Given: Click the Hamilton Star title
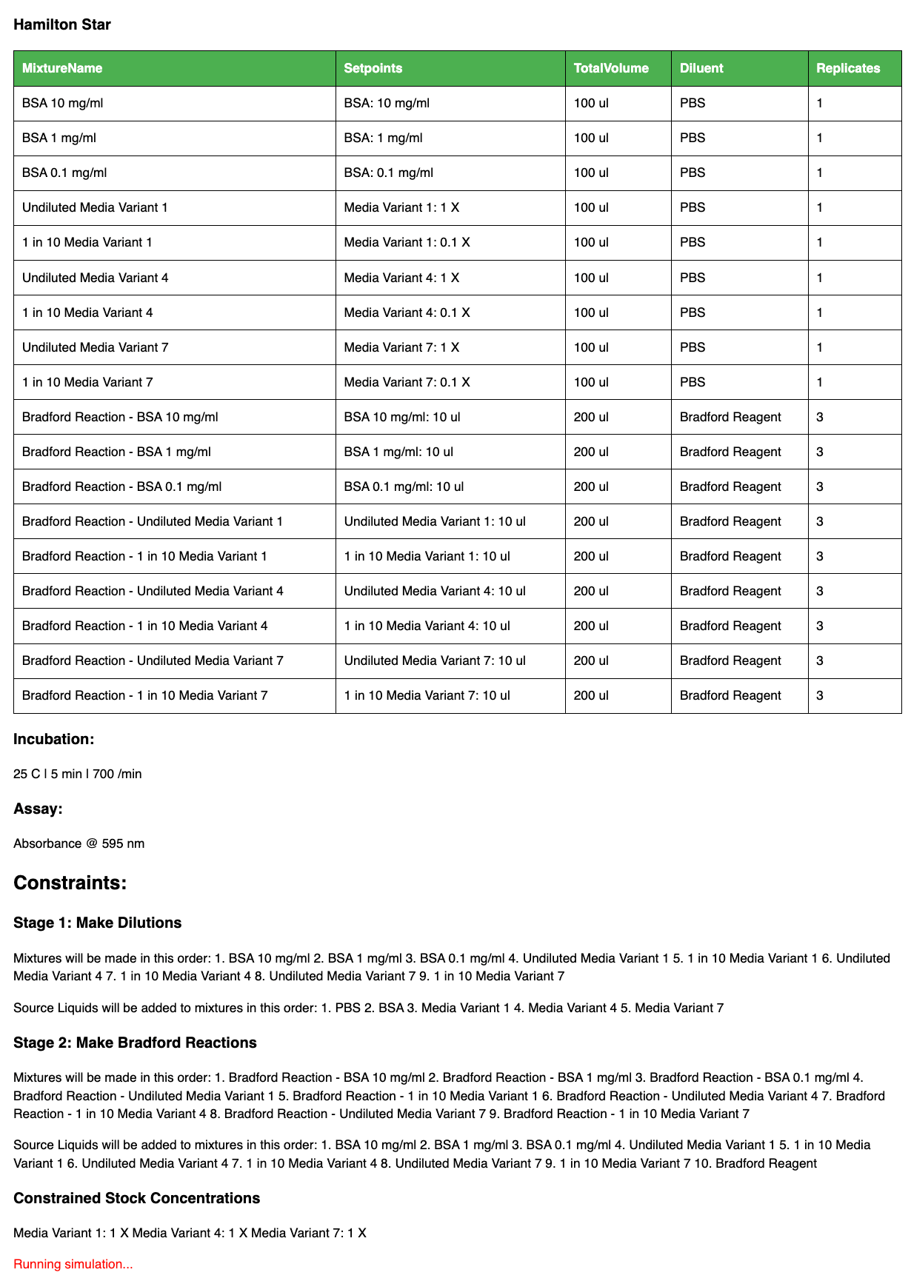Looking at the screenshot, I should [x=62, y=24].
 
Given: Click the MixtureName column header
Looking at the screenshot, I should [x=62, y=68].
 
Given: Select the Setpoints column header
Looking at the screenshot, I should [x=373, y=68].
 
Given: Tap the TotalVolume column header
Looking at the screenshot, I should [x=611, y=68].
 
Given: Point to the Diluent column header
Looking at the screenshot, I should [x=701, y=68].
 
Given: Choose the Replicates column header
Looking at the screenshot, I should [x=848, y=68].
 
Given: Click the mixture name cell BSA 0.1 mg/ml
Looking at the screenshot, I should [x=64, y=173].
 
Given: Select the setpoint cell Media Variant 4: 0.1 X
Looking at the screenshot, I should [x=407, y=312].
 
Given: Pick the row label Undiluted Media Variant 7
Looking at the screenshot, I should [x=95, y=347].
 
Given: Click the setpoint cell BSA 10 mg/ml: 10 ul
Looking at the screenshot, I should [x=402, y=417].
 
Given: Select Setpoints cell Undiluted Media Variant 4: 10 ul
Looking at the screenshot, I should [x=435, y=591].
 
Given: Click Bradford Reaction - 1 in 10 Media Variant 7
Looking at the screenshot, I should [x=144, y=695].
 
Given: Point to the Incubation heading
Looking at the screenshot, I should [x=54, y=739].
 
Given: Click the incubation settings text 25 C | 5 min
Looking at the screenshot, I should [x=77, y=774].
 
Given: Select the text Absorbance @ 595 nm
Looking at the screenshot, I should [x=79, y=843].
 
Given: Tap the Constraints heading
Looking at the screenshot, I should [x=70, y=883].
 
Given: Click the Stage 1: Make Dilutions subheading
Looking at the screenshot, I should [x=97, y=923].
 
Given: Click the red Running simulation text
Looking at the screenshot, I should [x=73, y=1264].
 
